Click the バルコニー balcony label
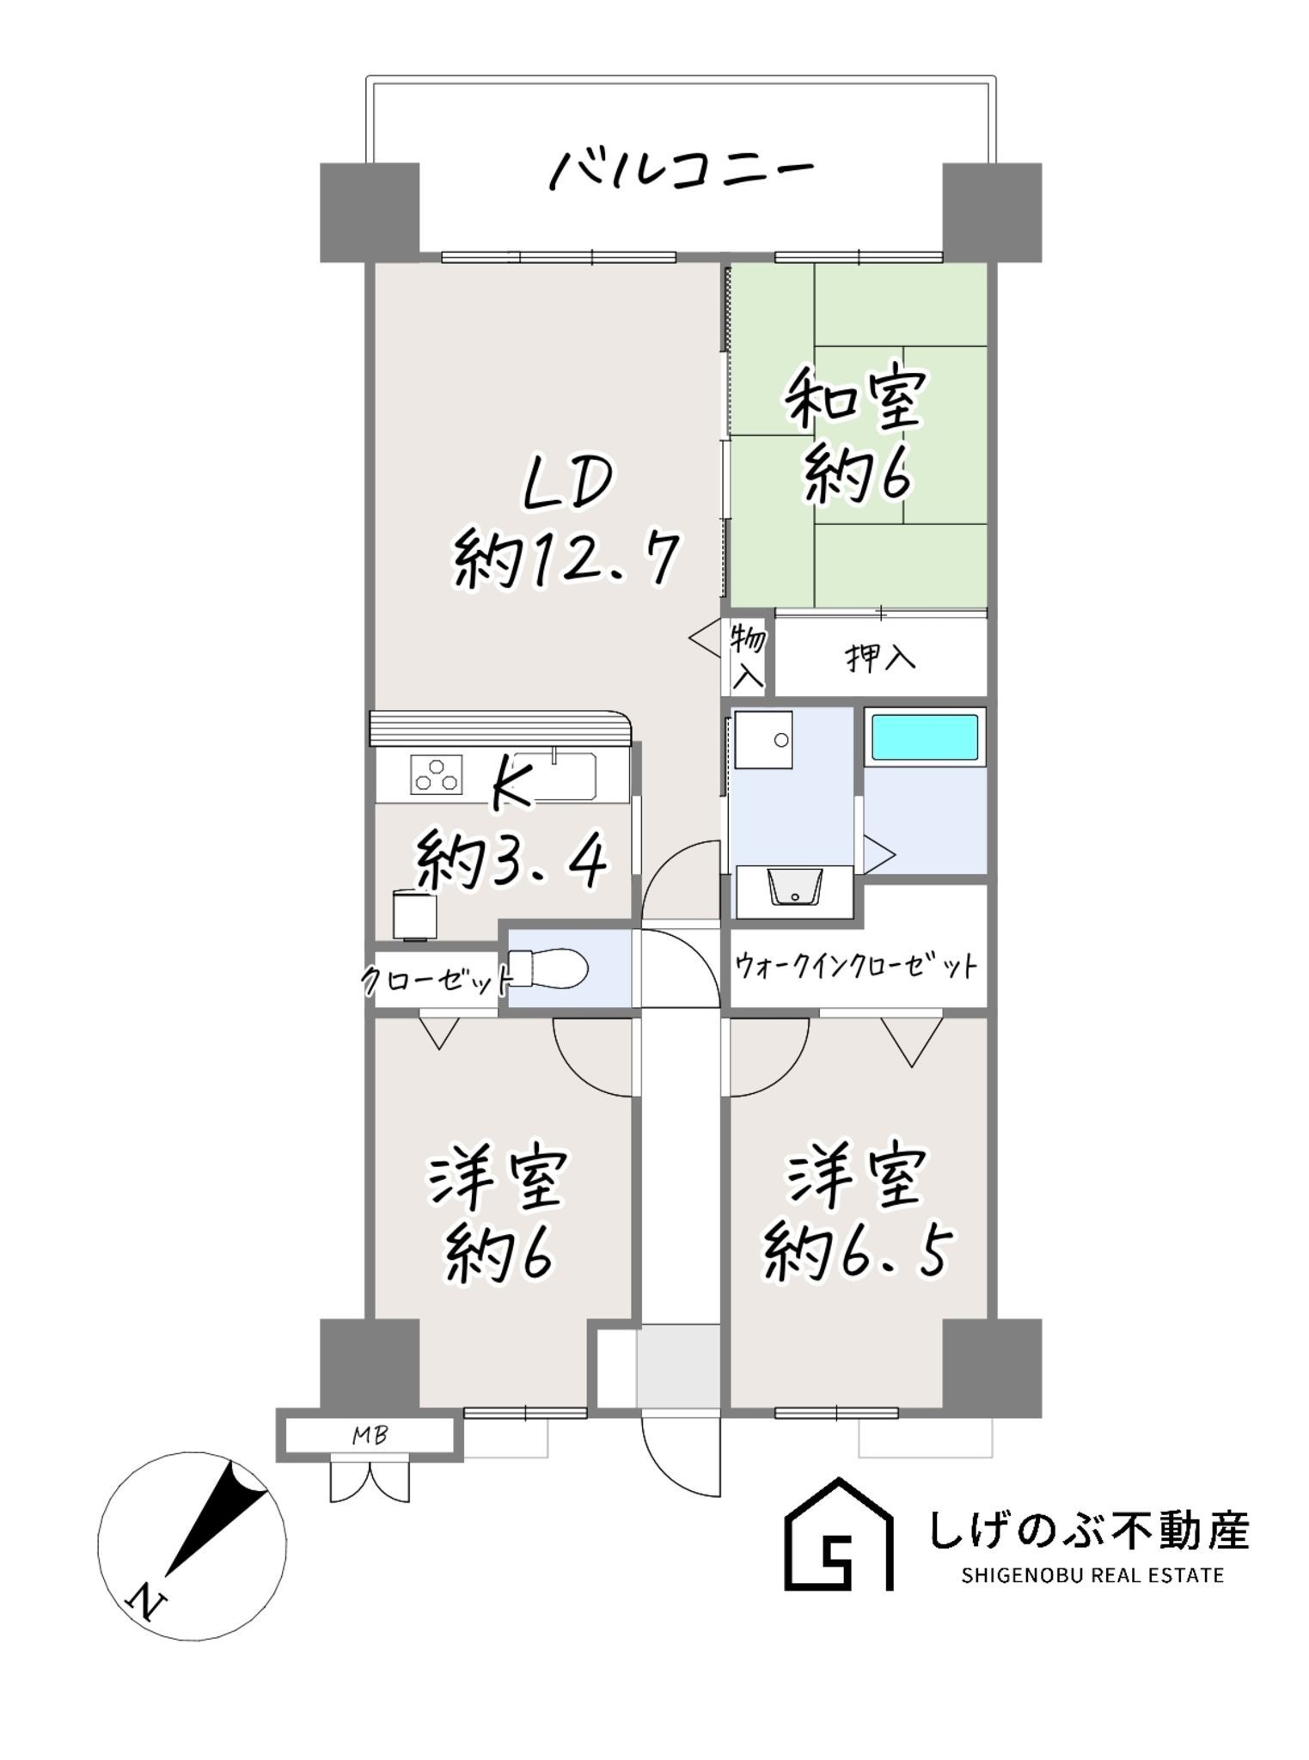point(681,170)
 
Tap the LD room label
point(569,484)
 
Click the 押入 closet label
point(881,658)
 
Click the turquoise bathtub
point(926,736)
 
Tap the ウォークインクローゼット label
point(856,967)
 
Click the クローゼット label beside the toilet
point(437,979)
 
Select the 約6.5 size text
point(859,1255)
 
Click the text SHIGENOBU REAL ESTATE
point(1092,1575)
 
